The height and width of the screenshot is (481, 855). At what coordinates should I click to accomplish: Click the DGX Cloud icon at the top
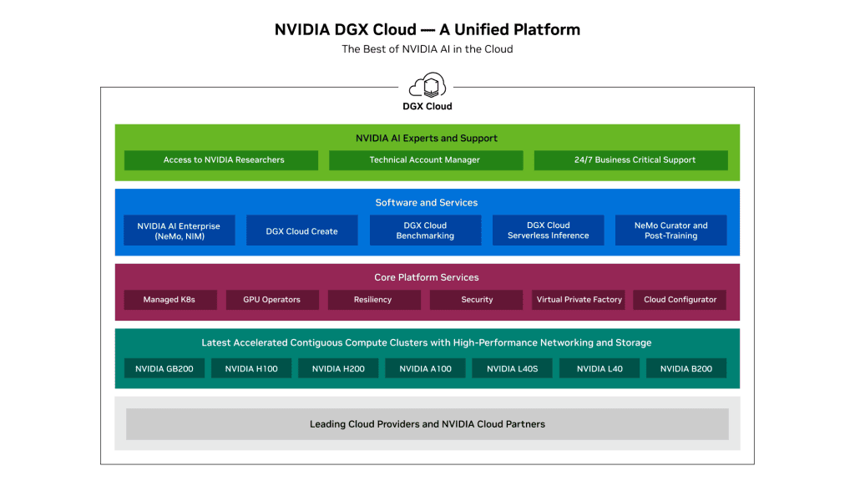427,86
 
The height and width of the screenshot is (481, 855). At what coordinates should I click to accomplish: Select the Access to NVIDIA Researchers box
221,160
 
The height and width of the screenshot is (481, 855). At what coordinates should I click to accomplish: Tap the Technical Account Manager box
426,160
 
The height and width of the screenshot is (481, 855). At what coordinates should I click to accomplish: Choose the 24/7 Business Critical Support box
630,160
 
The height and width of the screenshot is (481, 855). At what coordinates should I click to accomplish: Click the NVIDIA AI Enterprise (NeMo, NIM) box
180,230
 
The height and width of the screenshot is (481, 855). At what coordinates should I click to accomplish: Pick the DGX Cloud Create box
302,230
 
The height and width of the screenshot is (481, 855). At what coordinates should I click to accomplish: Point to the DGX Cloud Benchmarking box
425,230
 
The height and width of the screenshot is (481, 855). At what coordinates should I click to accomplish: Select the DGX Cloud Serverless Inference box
548,230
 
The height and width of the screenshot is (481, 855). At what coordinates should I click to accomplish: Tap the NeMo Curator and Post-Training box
670,230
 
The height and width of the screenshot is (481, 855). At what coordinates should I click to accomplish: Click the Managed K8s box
170,300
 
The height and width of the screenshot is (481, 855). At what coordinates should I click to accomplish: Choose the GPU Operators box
271,300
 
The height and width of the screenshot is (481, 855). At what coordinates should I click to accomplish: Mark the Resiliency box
372,300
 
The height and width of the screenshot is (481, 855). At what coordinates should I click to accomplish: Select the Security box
477,300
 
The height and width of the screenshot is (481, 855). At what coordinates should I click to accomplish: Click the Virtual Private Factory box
579,300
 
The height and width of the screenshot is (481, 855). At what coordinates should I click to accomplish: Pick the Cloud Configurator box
680,300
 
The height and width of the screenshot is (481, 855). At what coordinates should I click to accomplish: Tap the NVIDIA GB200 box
164,368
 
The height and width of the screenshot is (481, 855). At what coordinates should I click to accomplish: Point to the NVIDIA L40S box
512,368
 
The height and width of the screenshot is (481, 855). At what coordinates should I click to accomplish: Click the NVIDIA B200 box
686,368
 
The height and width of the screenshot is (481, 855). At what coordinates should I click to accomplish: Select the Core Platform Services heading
427,277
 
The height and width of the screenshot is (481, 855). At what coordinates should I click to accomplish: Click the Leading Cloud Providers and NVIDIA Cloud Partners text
427,424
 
